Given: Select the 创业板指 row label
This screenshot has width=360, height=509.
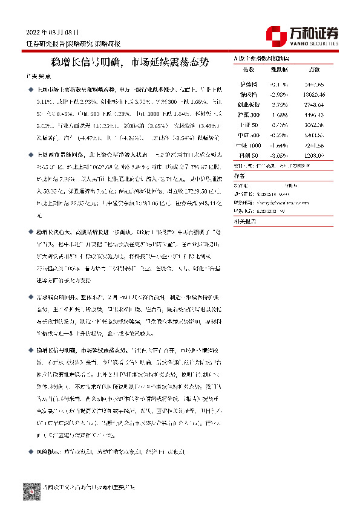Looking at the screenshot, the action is coord(249,104).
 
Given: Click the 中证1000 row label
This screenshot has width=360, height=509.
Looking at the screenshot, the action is coord(249,146).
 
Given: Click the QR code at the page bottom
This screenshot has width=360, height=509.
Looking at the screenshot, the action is coord(32,490).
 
